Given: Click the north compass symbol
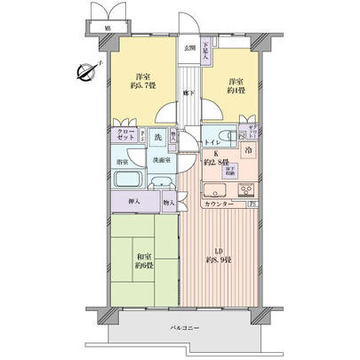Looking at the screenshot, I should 87,74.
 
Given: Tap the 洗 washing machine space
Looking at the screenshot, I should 156,139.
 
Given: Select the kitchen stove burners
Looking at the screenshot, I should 244,188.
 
